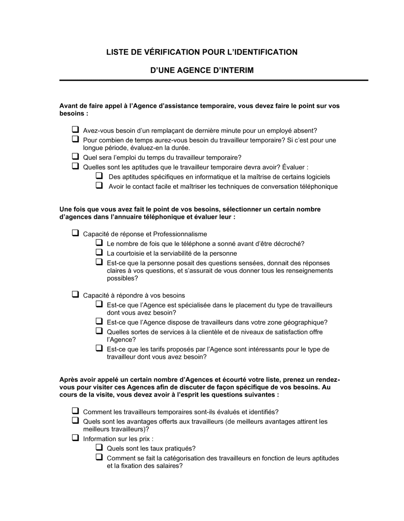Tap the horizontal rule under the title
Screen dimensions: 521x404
pos(214,80)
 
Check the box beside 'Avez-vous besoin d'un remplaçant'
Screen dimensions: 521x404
pos(75,130)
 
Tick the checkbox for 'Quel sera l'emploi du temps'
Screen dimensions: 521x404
pos(75,157)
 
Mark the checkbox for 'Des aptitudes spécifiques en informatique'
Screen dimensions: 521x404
pos(99,176)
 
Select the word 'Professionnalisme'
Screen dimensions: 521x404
pos(180,234)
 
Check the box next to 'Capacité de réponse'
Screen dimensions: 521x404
pos(75,233)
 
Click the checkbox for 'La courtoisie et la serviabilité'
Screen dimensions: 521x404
pos(99,252)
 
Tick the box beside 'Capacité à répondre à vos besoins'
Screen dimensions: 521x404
pos(75,294)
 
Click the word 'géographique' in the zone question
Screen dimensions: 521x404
pos(305,322)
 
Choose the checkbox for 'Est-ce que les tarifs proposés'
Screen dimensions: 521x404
pos(99,348)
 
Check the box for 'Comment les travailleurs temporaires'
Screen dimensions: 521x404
pos(75,411)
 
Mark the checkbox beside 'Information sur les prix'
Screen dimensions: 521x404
pos(75,438)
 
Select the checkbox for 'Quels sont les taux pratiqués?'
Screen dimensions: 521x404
pos(99,447)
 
